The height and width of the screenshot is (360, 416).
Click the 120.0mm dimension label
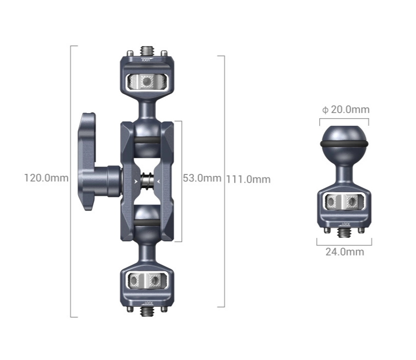(x=47, y=178)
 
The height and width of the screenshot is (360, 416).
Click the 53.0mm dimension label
(x=202, y=178)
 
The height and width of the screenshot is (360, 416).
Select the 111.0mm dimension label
(x=248, y=179)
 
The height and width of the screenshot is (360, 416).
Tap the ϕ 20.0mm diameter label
(x=346, y=110)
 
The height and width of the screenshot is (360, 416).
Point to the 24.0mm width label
(x=345, y=251)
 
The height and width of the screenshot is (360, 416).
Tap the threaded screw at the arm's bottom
(x=145, y=311)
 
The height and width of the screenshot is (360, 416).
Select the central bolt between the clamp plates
(x=147, y=181)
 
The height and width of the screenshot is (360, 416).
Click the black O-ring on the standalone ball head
(x=344, y=143)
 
